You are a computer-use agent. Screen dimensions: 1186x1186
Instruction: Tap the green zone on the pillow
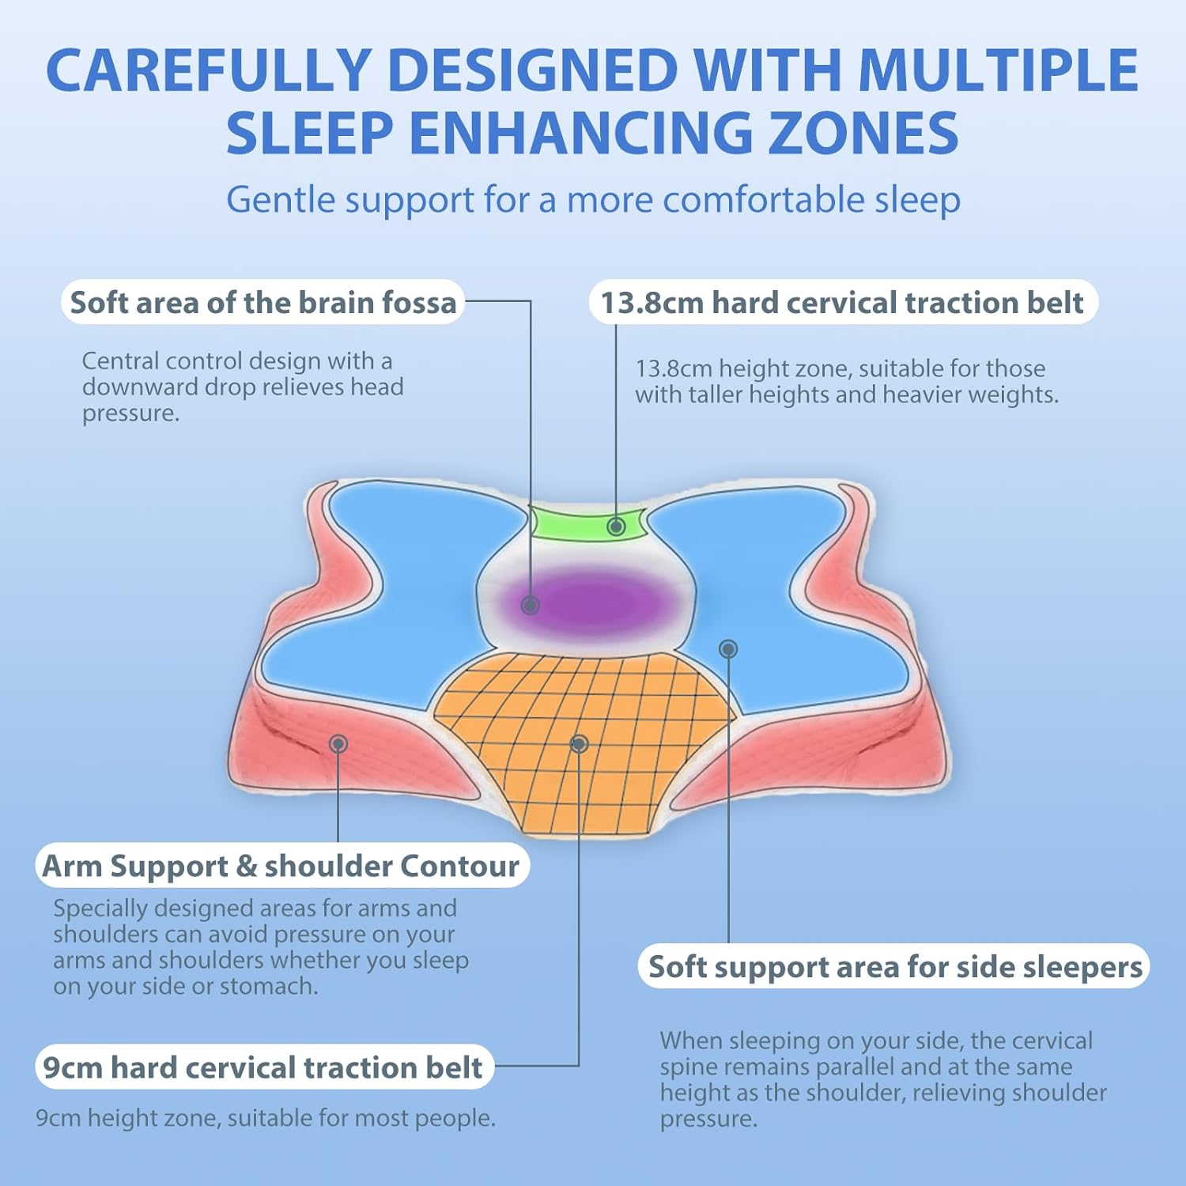coord(589,523)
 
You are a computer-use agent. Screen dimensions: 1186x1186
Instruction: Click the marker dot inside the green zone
coord(616,526)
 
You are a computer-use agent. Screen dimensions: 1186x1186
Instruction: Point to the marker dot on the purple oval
coord(530,605)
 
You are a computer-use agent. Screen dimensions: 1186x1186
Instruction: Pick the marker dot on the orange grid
coord(579,743)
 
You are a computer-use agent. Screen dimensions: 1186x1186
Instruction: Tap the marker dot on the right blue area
coord(728,648)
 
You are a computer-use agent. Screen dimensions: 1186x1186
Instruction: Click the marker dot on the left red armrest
coord(338,743)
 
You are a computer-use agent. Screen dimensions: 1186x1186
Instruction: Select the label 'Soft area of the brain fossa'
coord(263,302)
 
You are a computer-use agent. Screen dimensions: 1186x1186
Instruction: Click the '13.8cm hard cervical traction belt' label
coord(843,302)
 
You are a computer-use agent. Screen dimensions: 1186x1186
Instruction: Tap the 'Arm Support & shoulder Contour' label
coord(281,866)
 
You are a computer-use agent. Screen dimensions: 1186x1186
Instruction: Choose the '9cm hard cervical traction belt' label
coord(263,1067)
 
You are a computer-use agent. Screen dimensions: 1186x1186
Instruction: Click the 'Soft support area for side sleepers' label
coord(894,966)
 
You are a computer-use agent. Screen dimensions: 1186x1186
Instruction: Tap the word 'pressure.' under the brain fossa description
coord(130,414)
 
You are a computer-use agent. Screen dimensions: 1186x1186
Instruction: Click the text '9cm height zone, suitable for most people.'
coord(266,1118)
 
